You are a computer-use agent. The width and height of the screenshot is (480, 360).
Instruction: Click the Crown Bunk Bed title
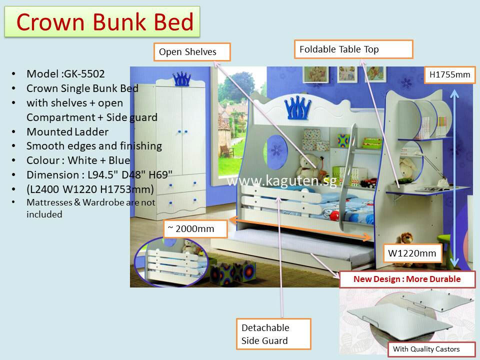coord(104,22)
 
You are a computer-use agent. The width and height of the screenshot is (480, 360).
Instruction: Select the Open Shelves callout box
coord(192,52)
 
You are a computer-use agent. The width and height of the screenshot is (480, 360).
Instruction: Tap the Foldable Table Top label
coord(353,49)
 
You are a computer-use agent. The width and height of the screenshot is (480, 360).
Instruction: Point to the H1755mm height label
coord(449,74)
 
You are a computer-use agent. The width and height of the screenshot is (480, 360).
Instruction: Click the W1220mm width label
coord(412,253)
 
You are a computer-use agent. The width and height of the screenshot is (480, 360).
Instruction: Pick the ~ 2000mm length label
coord(195,228)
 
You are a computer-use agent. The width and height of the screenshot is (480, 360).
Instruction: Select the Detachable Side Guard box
coord(273,334)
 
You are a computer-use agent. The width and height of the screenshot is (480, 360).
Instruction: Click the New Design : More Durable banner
coord(407,279)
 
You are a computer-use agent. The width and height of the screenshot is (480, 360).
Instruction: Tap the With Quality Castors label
coord(426,349)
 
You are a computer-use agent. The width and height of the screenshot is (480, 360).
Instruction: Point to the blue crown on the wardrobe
coord(181,79)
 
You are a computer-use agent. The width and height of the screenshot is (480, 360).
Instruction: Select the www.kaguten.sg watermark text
coord(282,180)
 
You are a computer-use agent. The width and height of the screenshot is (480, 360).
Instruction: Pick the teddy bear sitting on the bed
coord(307,167)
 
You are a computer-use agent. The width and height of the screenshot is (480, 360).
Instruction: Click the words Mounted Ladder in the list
coord(67,132)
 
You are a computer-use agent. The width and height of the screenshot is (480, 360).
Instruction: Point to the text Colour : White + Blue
coord(78,160)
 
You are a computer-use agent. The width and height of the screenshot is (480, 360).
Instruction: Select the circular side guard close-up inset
coord(171,261)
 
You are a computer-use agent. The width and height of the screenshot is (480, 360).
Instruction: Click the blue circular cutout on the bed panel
coord(276,152)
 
